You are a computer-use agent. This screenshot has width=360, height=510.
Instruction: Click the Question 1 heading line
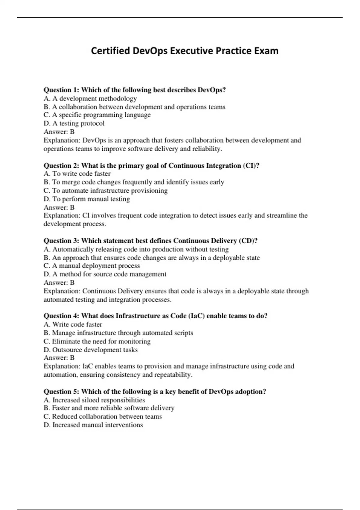pos(134,90)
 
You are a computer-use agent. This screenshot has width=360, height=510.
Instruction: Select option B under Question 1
pos(134,107)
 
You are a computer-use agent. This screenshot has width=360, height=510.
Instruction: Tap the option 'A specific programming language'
pos(97,115)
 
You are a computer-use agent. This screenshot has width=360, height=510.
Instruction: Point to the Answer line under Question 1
pos(59,132)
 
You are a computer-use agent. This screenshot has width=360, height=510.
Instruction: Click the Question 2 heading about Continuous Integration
pos(151,165)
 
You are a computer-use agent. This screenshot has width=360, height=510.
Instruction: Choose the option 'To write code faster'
pos(77,174)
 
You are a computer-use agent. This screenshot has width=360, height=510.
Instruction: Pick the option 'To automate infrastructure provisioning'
pos(105,190)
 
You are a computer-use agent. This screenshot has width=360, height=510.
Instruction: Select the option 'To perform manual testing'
pos(87,199)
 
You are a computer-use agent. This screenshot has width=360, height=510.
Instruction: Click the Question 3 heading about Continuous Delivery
pos(150,241)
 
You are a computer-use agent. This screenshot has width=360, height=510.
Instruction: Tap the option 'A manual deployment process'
pos(91,266)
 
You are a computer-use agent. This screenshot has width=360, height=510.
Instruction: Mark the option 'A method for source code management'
pos(105,274)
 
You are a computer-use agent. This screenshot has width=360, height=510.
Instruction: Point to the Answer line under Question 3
pos(59,283)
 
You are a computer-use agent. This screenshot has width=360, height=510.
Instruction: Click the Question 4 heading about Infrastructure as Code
pos(155,316)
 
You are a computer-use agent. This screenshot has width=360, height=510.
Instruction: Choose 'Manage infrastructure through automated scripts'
pos(118,333)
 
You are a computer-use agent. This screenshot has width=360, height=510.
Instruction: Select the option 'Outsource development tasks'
pos(91,350)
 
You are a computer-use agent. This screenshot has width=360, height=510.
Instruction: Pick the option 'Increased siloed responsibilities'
pos(94,400)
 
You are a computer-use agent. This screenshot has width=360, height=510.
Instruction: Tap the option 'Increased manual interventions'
pos(93,425)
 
